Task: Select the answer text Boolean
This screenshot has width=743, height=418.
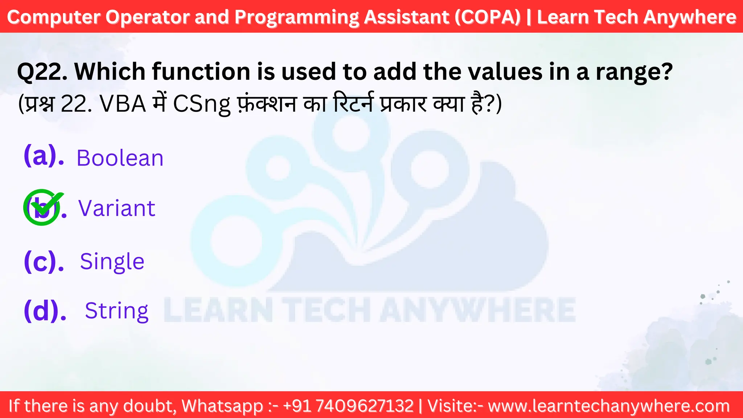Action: tap(120, 158)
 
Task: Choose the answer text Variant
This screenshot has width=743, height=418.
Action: tap(117, 208)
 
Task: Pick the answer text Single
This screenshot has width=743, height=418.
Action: tap(112, 262)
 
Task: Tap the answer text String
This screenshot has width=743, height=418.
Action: tap(116, 311)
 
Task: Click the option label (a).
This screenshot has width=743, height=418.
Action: tap(44, 156)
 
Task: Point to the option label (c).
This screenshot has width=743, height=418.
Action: tap(44, 261)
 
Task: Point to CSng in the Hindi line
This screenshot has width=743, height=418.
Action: tap(202, 104)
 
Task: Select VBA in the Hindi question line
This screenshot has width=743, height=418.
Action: tap(123, 104)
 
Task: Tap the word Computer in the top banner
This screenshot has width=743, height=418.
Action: tap(54, 17)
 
